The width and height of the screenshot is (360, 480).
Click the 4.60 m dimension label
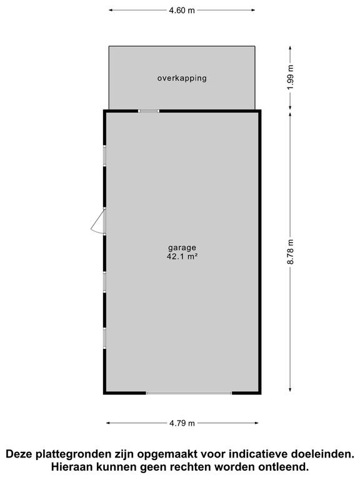click(182, 10)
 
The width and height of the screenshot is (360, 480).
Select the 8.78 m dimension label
click(290, 252)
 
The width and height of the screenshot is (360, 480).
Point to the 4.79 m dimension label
click(182, 423)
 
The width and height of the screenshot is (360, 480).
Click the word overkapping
click(181, 78)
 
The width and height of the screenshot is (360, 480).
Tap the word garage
click(181, 247)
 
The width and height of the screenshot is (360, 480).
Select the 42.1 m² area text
click(181, 256)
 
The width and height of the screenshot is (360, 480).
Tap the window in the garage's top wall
click(149, 111)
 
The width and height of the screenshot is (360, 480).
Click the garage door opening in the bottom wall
click(189, 392)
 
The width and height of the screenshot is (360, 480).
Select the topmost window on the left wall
click(104, 155)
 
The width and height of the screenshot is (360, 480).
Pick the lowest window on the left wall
click(104, 337)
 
